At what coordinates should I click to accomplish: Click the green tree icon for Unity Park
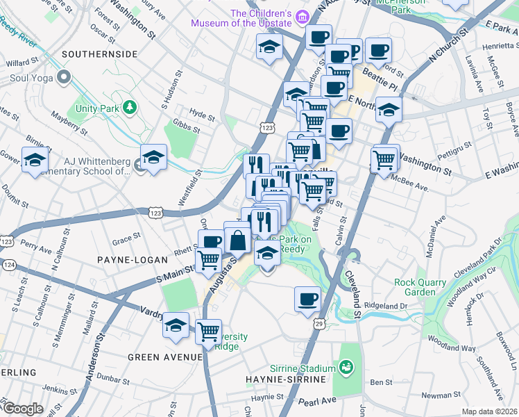(x=129, y=107)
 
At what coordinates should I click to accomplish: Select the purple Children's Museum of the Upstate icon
(x=301, y=15)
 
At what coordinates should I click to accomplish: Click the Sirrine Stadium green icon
(x=344, y=366)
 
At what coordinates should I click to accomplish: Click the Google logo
(x=23, y=409)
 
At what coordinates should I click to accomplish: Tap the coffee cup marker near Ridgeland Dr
(x=307, y=300)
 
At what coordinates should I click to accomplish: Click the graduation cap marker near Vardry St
(x=176, y=325)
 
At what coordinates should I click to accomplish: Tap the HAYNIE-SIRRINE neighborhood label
(x=282, y=379)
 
